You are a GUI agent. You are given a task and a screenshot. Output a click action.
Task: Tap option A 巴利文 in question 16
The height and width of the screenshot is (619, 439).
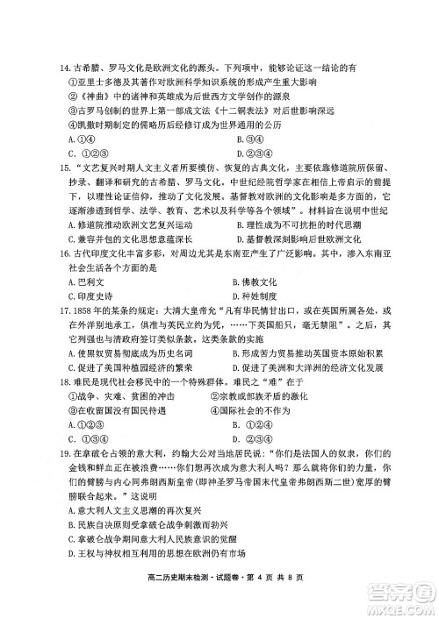point(85,281)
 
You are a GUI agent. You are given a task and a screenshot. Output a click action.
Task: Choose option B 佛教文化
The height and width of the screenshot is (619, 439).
point(255,281)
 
